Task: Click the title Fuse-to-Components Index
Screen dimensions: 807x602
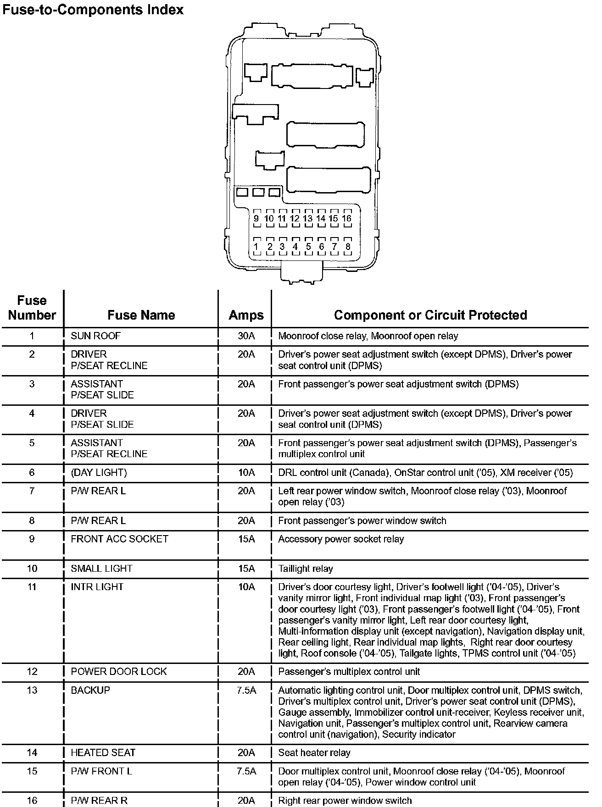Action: tap(93, 10)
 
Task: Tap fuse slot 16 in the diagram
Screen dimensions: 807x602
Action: tap(347, 219)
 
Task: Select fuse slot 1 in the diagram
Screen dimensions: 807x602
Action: tap(256, 247)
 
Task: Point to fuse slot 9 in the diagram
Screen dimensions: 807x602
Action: tap(256, 219)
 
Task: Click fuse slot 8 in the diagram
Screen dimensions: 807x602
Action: tap(348, 247)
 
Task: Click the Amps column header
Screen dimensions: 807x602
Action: tap(246, 315)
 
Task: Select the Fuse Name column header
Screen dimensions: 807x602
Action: tap(141, 315)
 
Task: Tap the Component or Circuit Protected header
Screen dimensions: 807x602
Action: tap(430, 315)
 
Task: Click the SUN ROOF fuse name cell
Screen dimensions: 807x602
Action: tap(95, 336)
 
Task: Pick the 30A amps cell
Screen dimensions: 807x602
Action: tap(246, 336)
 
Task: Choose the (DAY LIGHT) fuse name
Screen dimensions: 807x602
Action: tap(99, 472)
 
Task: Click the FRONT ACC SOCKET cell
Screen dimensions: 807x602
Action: tap(119, 539)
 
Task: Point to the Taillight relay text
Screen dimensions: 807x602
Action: tap(306, 569)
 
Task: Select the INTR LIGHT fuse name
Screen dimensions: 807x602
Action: tap(97, 587)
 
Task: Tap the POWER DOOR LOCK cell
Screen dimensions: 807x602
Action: tap(118, 672)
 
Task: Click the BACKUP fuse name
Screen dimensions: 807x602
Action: tap(90, 690)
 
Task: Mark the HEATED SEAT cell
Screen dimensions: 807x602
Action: tap(103, 752)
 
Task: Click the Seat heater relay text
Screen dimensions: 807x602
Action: tap(314, 752)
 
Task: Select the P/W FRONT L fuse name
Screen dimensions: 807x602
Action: tap(101, 771)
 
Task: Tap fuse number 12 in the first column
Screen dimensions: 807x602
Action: tap(32, 672)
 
